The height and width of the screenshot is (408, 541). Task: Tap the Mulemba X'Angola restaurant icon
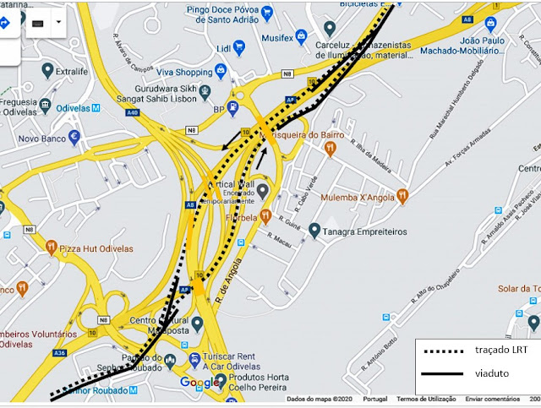tap(402, 196)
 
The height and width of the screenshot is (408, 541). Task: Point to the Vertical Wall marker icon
tap(263, 191)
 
